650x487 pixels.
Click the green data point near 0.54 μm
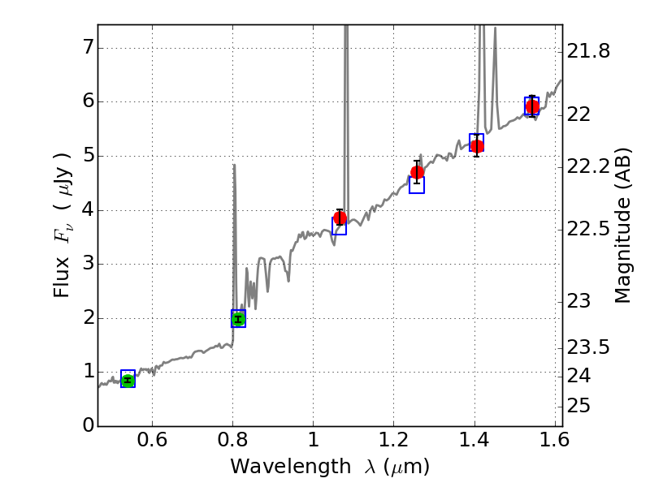point(128,380)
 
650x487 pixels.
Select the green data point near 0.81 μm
point(238,319)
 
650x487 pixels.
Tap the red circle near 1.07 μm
point(340,218)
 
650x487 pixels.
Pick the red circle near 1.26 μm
point(418,172)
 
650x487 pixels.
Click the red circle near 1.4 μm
point(477,146)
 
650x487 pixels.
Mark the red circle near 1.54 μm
point(532,106)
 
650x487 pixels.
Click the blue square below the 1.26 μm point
point(417,185)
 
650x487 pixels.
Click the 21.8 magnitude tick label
point(589,52)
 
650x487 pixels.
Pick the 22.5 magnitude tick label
point(589,230)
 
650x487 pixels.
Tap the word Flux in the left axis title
point(63,274)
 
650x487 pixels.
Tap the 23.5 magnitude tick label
point(589,347)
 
